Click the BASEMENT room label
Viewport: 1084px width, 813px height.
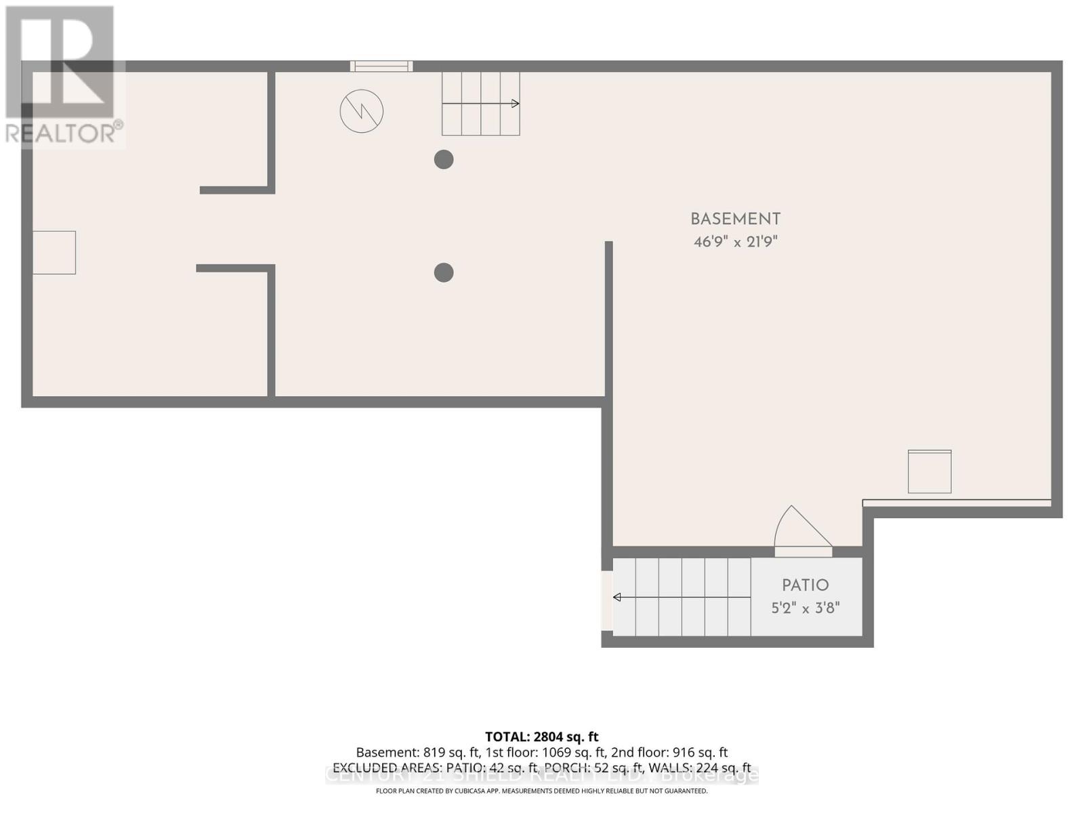(x=735, y=220)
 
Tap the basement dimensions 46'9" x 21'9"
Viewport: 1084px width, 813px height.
(x=735, y=242)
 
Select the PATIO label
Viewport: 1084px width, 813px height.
(x=805, y=585)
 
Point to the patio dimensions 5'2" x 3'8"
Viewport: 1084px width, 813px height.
(x=805, y=608)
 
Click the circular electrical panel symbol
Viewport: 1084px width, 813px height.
(x=362, y=111)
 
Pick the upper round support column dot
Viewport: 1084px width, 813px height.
(x=444, y=160)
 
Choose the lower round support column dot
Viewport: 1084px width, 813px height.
(x=444, y=272)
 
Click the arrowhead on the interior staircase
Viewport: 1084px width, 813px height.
(x=516, y=104)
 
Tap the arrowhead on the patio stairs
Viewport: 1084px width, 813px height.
(x=617, y=597)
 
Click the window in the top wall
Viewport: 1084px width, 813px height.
(x=381, y=66)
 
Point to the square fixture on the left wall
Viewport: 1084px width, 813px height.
(x=54, y=253)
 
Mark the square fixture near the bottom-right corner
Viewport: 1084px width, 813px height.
(x=930, y=472)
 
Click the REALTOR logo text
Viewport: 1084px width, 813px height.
(x=64, y=132)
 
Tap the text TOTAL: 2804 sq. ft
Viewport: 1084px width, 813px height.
(x=541, y=736)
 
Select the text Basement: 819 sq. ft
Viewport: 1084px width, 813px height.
(x=417, y=753)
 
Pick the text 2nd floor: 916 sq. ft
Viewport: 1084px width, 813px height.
(x=669, y=753)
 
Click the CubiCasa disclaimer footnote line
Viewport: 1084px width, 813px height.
(x=541, y=791)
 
